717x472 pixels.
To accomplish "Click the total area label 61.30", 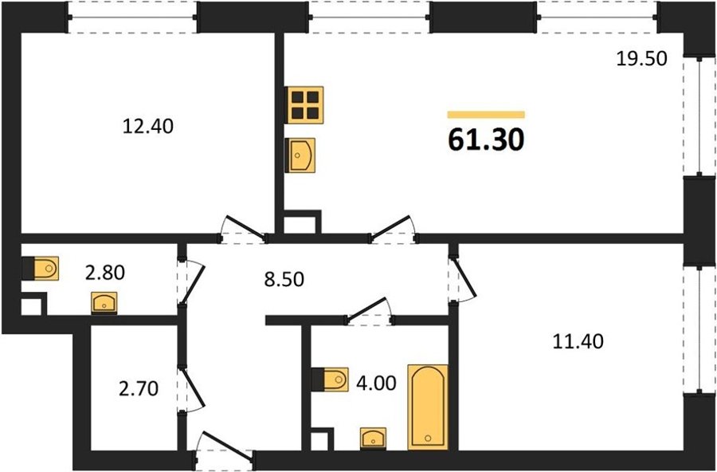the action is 486,140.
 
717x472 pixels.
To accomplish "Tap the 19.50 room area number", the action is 641,58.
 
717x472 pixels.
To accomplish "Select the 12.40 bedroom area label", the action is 147,126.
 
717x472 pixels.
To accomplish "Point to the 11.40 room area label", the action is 578,341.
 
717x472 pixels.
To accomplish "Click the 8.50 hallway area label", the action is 284,279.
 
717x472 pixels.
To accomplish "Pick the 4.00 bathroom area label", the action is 376,383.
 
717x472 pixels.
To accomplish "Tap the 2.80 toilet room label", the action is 104,273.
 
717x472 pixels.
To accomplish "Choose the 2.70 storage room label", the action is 138,388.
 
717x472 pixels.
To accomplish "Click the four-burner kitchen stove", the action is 304,104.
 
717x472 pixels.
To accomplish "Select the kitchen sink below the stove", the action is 300,155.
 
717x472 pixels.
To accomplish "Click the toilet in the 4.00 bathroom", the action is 330,379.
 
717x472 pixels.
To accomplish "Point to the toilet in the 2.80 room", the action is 41,268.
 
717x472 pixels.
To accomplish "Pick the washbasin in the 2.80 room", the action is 104,303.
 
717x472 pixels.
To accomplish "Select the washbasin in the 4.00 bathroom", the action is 373,439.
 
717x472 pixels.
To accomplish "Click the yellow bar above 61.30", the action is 486,115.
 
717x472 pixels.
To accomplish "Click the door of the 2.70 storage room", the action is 193,389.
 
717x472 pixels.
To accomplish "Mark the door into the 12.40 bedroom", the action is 242,227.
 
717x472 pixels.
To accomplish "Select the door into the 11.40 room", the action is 463,278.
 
